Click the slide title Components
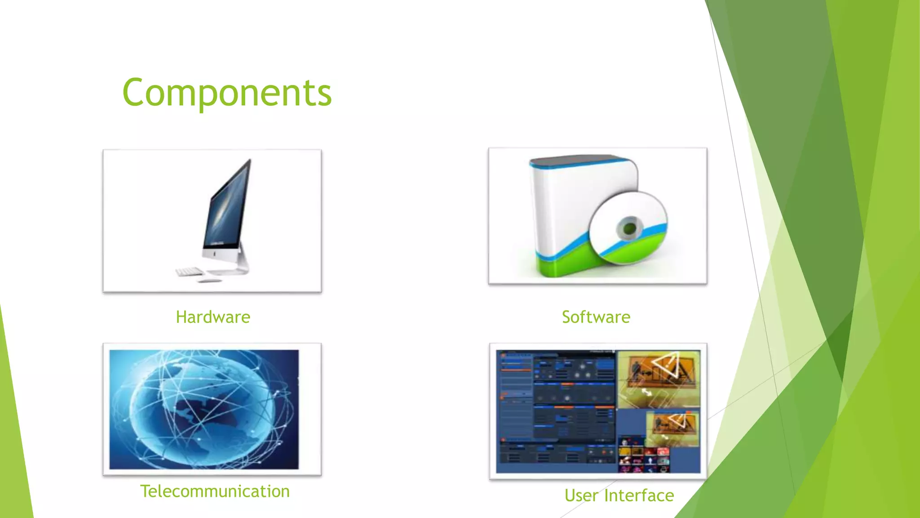(227, 93)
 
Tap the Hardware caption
(213, 317)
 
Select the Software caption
(596, 317)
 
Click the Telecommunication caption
(215, 491)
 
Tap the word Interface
(639, 496)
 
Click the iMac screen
(227, 207)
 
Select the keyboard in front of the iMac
(189, 272)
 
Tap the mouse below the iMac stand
(209, 281)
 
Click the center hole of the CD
(629, 229)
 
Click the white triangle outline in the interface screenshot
(667, 364)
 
